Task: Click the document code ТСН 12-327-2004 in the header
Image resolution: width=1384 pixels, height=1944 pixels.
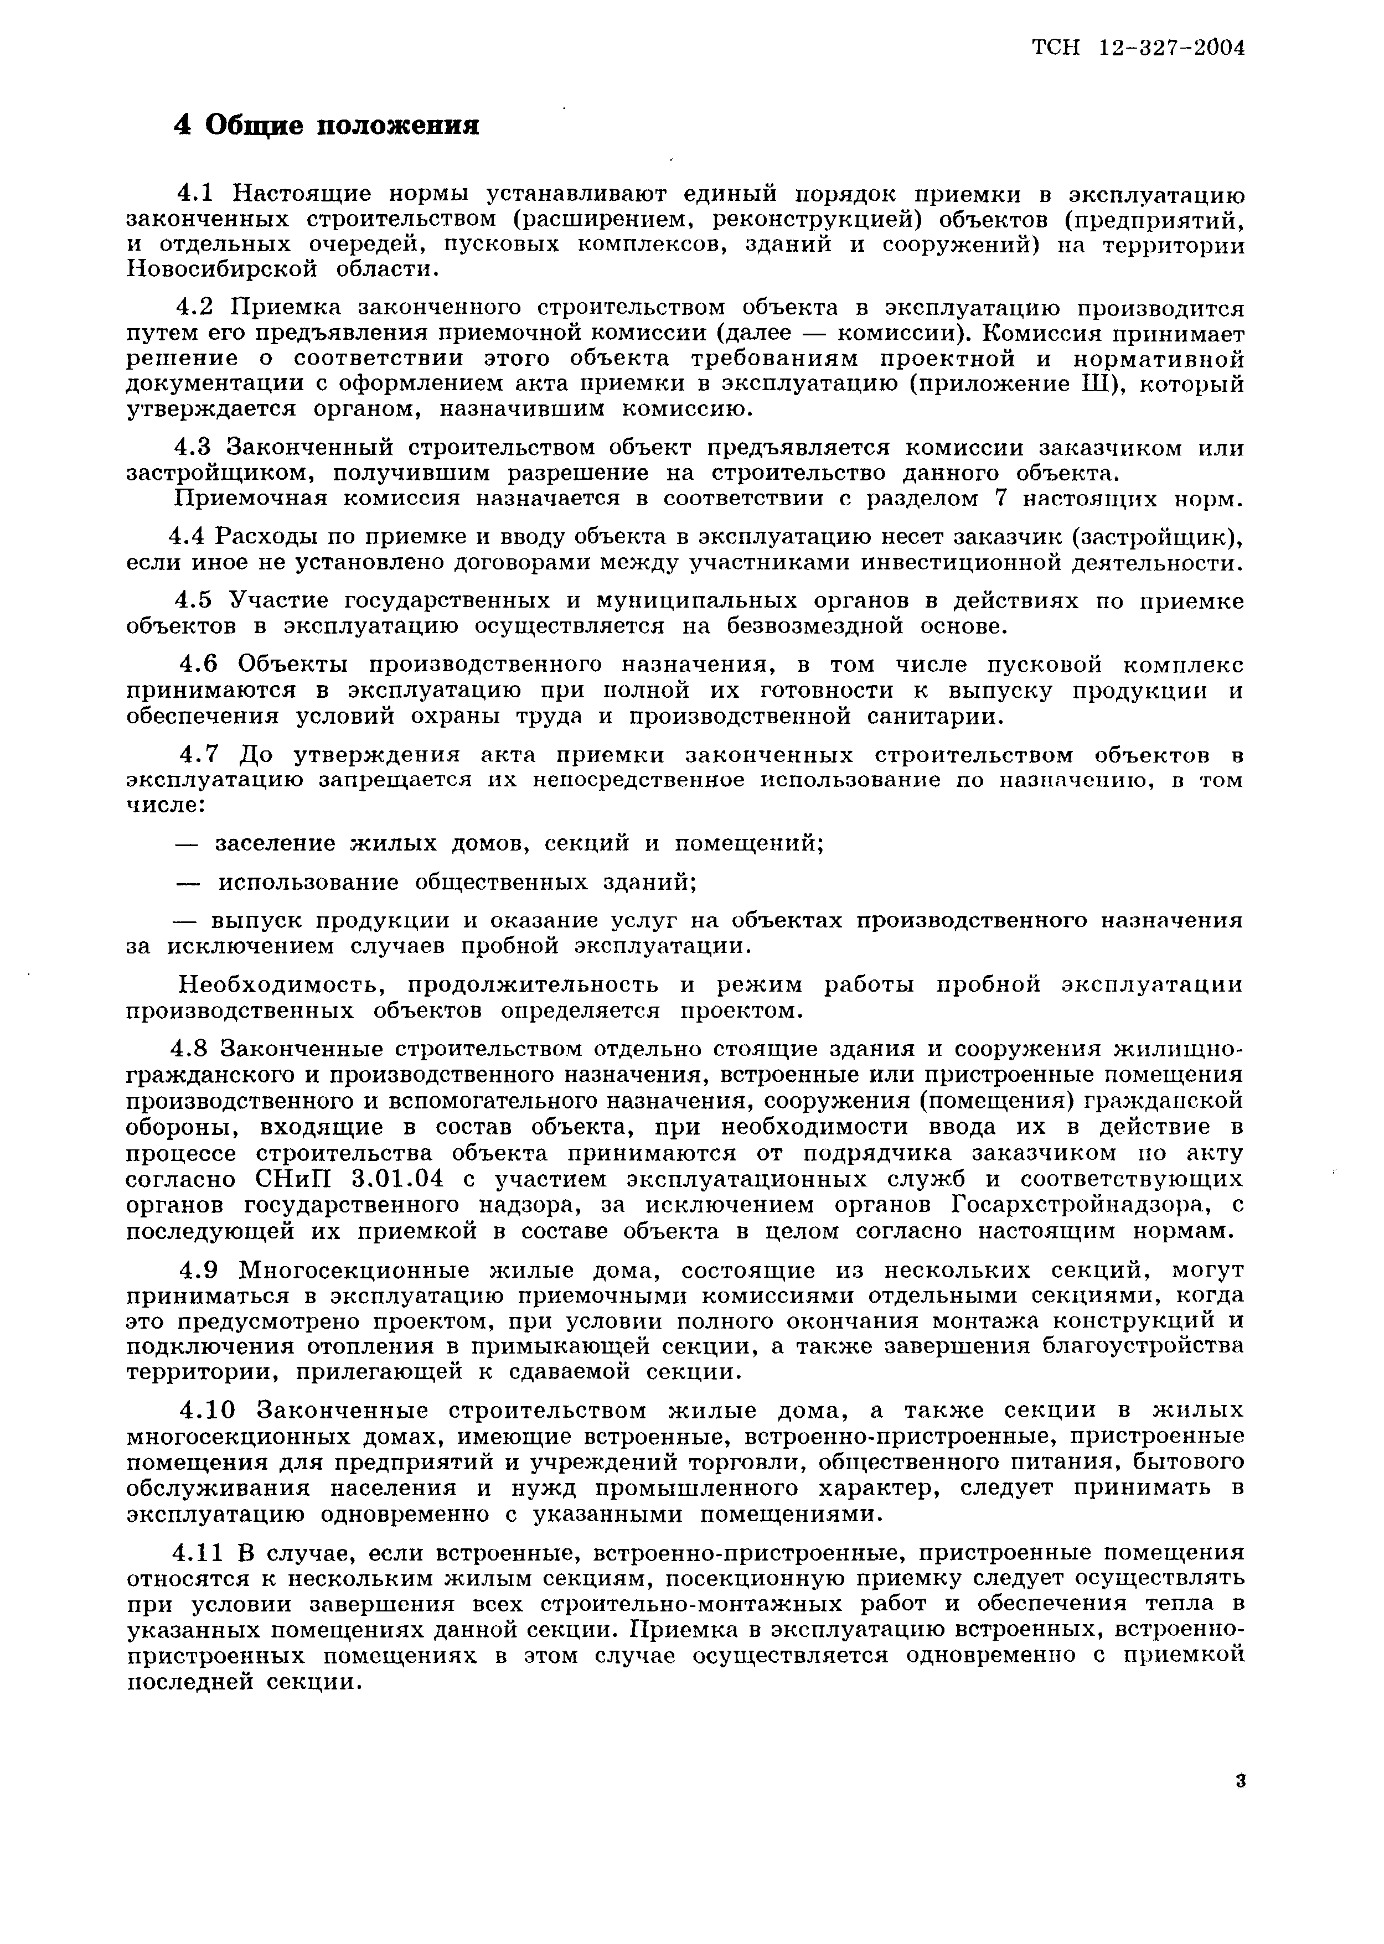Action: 1139,49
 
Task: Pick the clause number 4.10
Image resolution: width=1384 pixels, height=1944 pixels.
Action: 206,1411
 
